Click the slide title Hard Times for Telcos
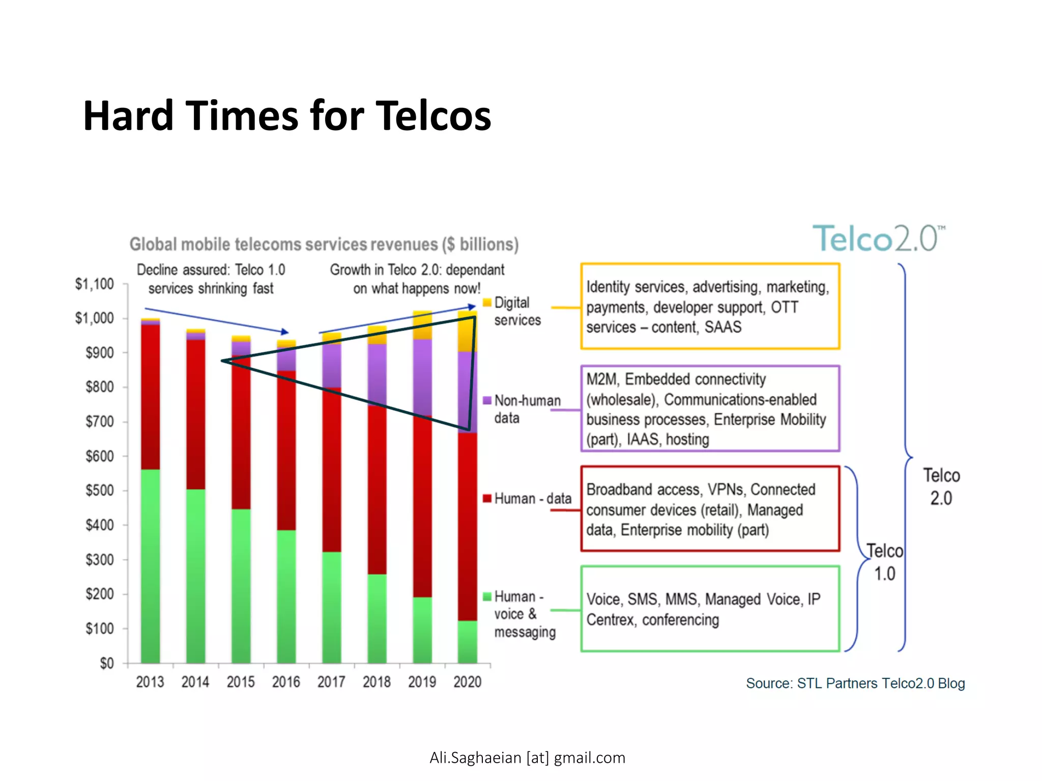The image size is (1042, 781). coord(287,116)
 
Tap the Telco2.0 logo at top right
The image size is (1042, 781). coord(878,238)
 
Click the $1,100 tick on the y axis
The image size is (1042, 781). coord(95,284)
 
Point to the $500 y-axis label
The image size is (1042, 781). coord(99,491)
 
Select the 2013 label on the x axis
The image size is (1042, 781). coord(150,682)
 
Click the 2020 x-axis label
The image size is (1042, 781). coord(467,682)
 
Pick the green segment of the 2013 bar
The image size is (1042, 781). coord(150,564)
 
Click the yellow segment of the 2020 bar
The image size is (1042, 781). coord(467,333)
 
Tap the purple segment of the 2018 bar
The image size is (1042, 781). coord(377,374)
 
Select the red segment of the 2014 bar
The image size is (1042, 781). coord(195,414)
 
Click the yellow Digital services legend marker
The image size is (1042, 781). coord(487,303)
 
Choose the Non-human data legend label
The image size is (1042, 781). coord(527,409)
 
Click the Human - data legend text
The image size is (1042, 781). coord(532,499)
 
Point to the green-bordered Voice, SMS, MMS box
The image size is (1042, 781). coord(710,609)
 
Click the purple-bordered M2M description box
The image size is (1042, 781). coord(710,408)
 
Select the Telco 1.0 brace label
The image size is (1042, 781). coord(884,562)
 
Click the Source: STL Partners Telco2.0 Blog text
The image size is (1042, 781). coord(855,683)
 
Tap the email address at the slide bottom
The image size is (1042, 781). coord(527,758)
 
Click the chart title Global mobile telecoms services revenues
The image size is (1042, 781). coord(324,245)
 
